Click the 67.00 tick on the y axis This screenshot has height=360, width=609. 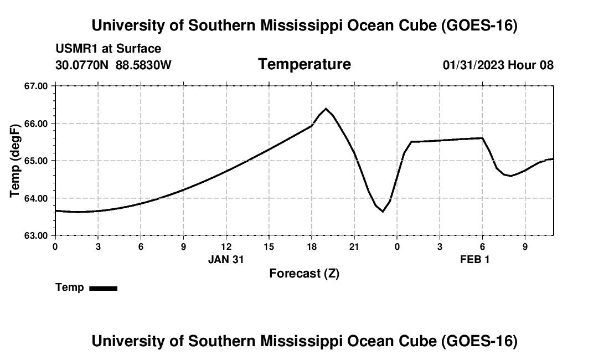point(36,86)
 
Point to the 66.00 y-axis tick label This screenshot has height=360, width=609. point(36,124)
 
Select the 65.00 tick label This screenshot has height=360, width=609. point(36,161)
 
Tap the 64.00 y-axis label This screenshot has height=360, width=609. point(36,198)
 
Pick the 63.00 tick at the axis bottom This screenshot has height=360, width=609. point(36,236)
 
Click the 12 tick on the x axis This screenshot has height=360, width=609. point(226,246)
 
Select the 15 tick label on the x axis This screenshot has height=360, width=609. point(269,246)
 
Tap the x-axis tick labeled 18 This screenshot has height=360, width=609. point(312,246)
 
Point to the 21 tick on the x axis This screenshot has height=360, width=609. point(354,246)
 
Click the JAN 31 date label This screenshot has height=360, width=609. point(226,259)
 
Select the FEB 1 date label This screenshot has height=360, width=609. point(474,259)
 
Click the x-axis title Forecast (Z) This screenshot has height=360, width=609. point(304,274)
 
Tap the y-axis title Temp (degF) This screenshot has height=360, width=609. point(15,161)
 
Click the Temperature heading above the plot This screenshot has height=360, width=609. point(304,64)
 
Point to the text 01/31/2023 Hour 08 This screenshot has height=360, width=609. point(498,65)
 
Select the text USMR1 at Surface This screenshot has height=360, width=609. point(109,49)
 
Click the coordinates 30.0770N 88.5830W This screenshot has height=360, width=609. point(113,65)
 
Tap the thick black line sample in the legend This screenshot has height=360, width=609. point(104,288)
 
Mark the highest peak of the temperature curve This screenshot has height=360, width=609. point(326,109)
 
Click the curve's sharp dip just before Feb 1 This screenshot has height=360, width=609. point(383,212)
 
